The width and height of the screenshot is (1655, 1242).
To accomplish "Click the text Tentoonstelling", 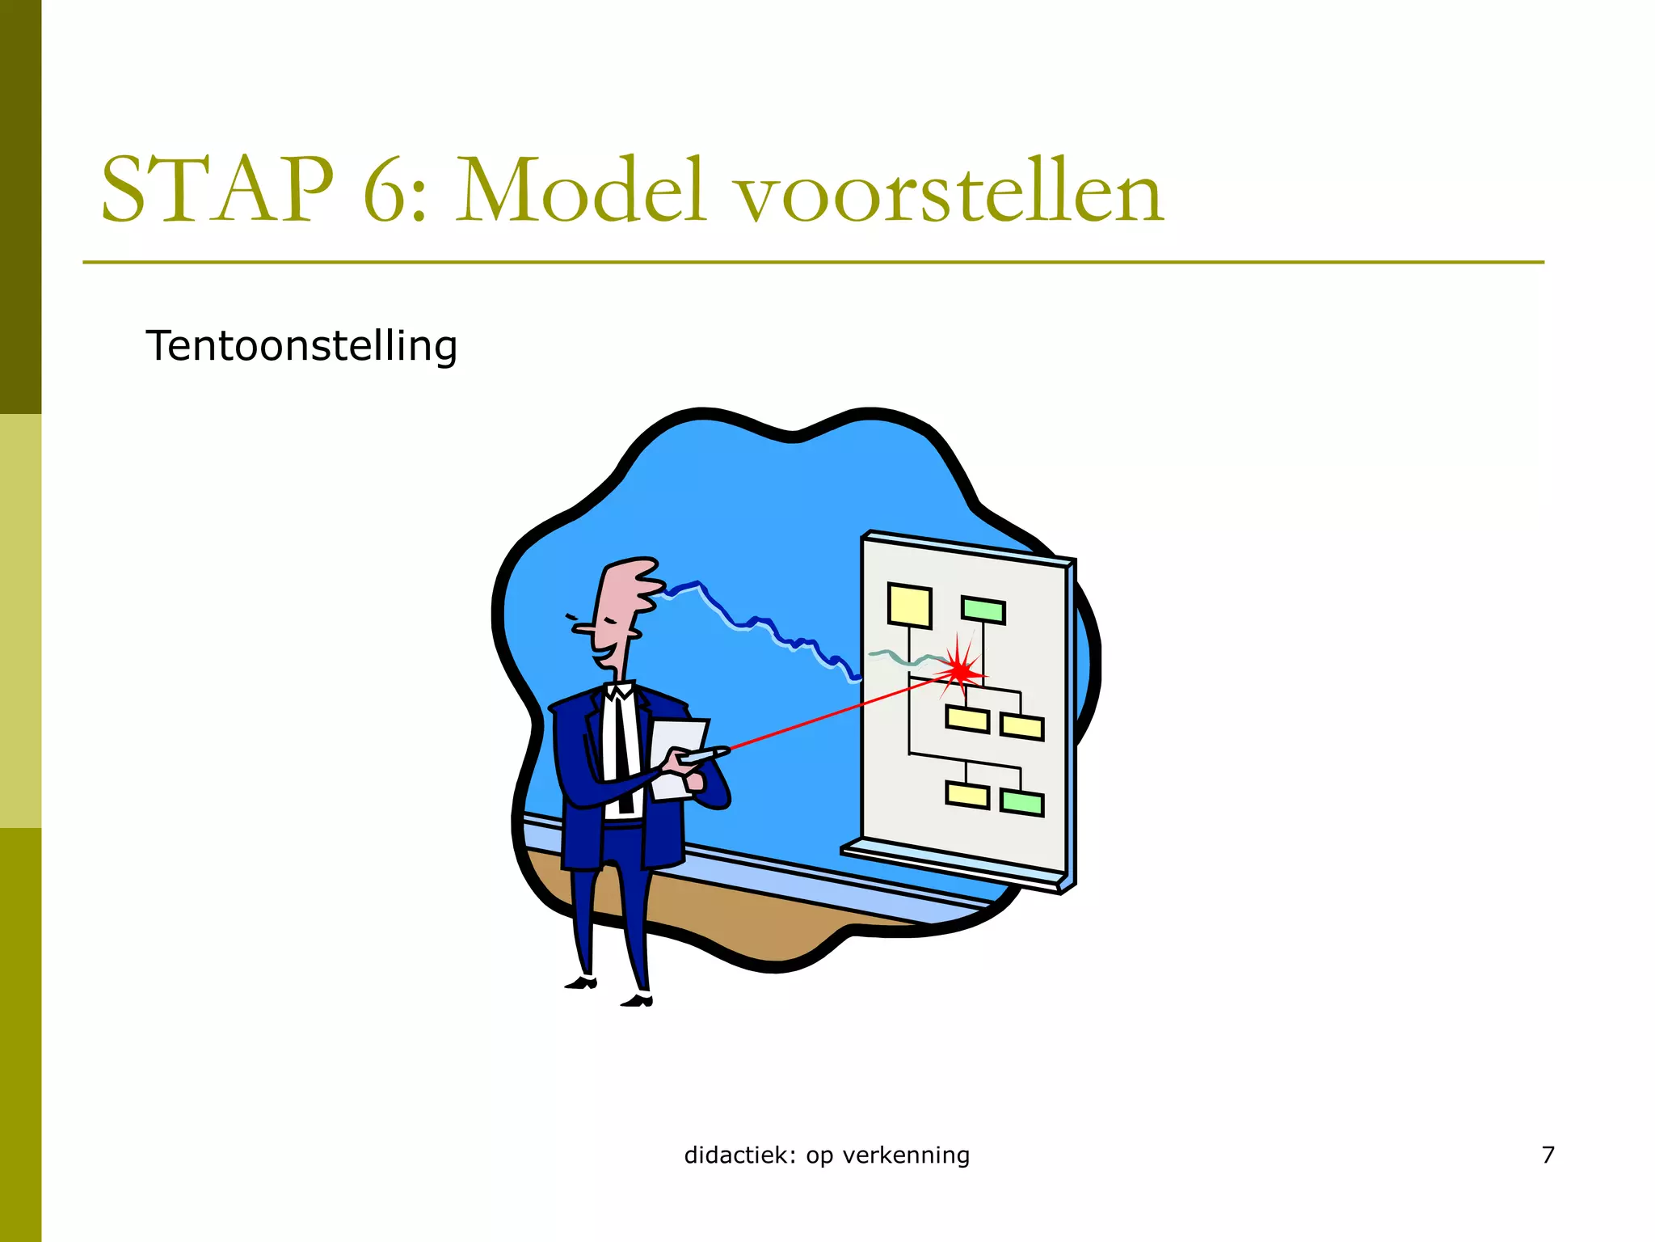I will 301,346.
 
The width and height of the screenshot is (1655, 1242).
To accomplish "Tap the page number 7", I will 1548,1155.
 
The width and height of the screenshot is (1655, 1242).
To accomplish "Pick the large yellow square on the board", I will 909,605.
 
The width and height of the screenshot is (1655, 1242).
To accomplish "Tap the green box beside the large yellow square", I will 983,610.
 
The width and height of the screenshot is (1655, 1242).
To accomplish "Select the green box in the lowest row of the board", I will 1021,802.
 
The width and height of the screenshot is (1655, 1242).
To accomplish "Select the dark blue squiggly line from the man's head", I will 760,623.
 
